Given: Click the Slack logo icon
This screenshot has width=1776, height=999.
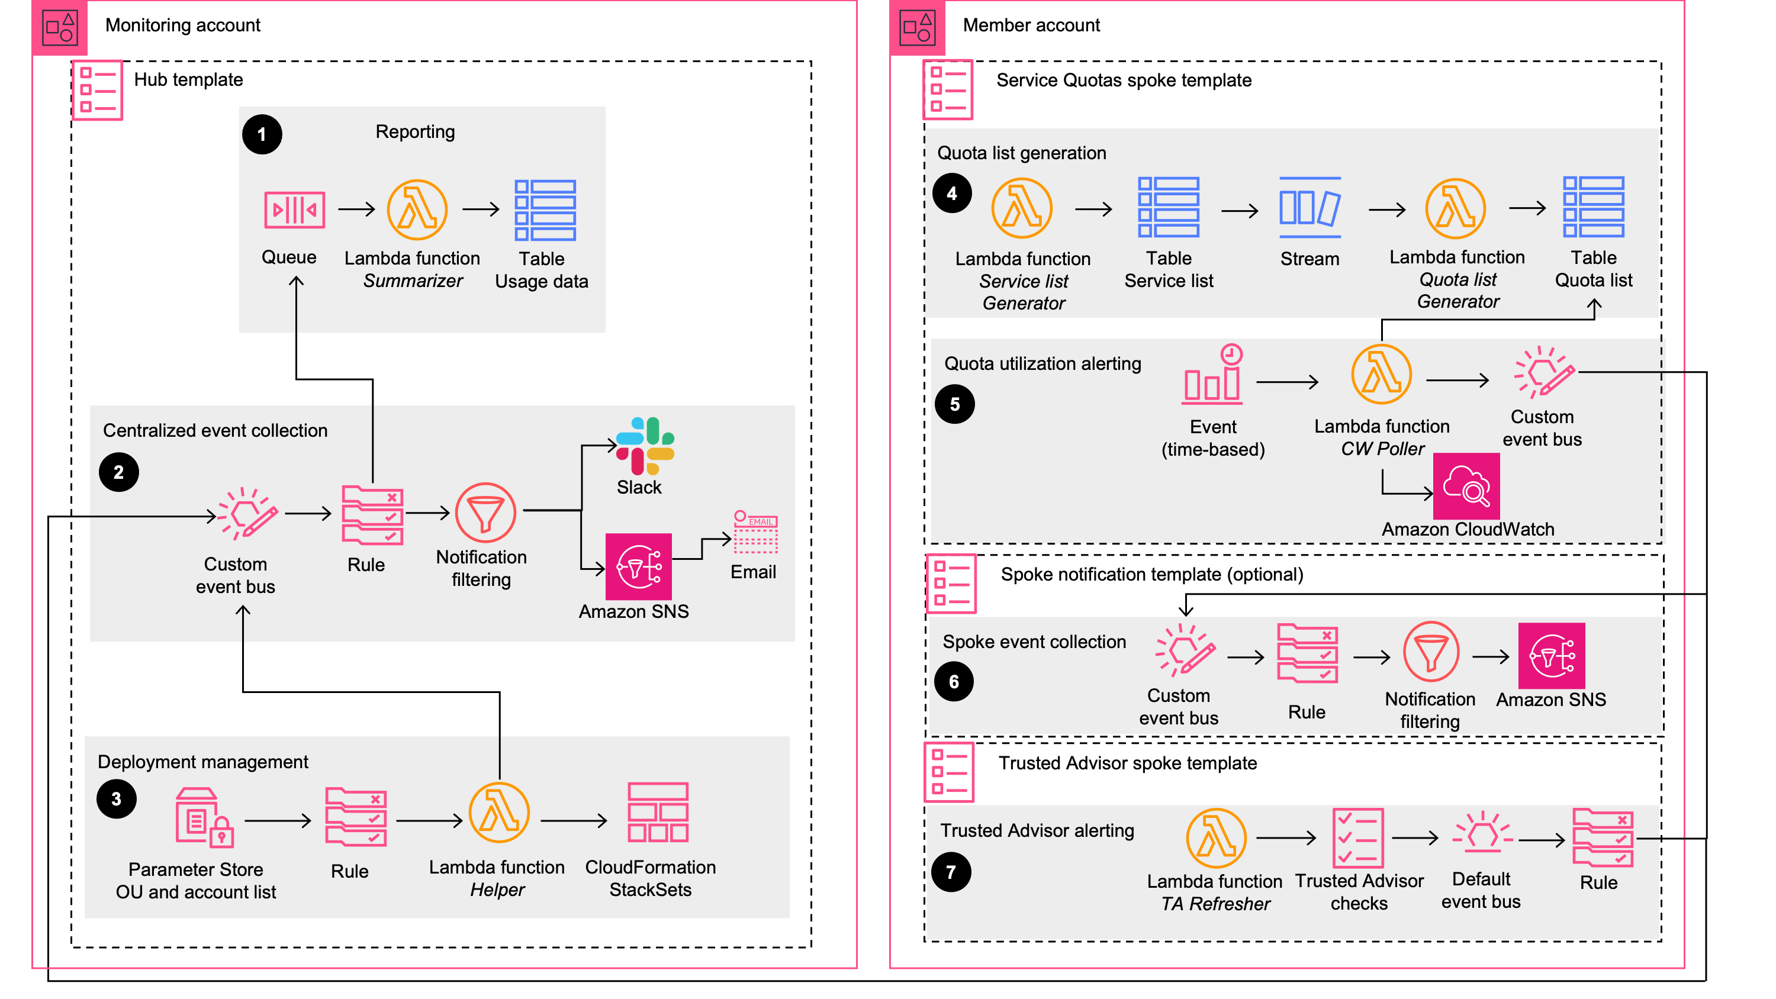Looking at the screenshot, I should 645,446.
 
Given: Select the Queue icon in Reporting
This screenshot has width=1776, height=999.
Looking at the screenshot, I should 294,210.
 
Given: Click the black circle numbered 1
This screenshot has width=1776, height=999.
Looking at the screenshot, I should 262,134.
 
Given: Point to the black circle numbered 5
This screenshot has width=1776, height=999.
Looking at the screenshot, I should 954,404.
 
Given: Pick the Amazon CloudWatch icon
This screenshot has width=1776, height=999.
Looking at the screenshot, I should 1466,486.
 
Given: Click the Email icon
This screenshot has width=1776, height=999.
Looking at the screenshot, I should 755,531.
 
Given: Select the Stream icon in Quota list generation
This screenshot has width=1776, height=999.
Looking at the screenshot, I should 1310,208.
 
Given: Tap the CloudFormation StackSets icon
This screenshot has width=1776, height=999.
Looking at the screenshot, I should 657,812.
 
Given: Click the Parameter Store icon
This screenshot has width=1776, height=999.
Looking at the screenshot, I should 204,818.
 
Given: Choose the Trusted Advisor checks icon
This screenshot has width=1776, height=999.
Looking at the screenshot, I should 1357,837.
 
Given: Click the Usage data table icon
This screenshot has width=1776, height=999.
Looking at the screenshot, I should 545,210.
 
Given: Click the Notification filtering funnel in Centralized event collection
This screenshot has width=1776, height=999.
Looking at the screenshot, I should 485,513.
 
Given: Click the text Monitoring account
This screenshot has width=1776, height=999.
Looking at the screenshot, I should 183,25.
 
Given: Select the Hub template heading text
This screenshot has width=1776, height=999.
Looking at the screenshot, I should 188,80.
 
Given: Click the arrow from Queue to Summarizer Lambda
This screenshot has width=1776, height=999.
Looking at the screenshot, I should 356,209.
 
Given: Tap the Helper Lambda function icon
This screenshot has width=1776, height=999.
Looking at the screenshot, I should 498,812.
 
